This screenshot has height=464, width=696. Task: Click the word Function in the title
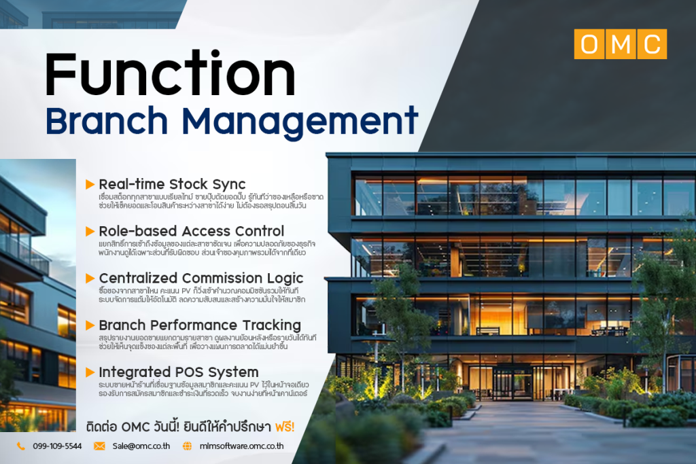170,73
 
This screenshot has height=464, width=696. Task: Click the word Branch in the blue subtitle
107,121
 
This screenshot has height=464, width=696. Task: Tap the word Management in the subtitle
300,122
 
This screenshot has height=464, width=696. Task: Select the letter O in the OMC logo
589,44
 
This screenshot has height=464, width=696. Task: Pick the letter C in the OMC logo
652,44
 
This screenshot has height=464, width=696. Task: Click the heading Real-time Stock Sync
172,184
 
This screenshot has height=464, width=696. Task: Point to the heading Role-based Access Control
191,231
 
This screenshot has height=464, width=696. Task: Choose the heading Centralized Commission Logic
201,278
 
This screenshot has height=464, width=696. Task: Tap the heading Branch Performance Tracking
200,325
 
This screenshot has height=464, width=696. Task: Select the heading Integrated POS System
179,372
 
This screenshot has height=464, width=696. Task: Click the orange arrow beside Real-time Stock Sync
90,184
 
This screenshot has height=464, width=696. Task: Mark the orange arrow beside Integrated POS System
90,372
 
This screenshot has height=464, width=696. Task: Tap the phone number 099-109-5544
57,446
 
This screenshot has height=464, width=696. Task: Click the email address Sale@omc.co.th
141,446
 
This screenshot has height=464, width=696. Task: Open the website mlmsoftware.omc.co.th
241,446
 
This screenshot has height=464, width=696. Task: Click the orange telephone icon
21,446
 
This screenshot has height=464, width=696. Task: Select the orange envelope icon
99,446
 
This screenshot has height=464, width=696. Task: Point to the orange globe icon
188,446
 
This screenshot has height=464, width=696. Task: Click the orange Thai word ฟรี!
285,427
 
